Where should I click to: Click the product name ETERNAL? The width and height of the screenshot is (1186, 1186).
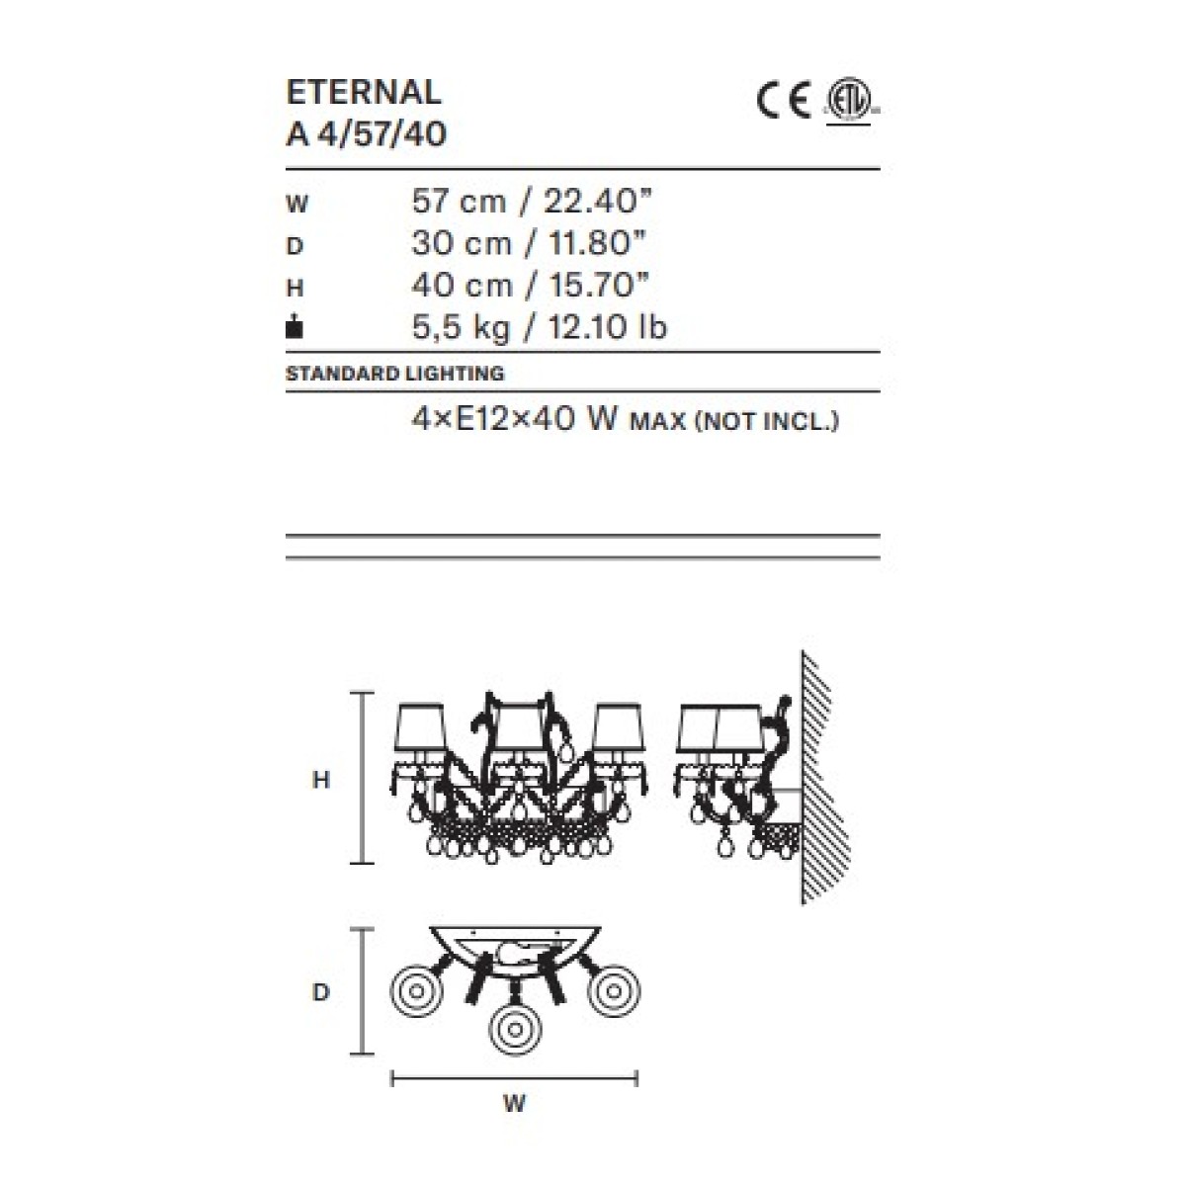click(x=364, y=92)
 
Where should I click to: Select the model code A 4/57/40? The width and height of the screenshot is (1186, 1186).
click(x=367, y=134)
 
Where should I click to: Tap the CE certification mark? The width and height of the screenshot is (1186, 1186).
click(x=783, y=101)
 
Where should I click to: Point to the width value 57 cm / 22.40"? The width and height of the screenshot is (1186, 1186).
click(x=532, y=201)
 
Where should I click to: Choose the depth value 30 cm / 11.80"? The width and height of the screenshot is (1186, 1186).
click(x=530, y=243)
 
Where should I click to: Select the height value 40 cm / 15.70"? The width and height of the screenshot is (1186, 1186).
click(x=531, y=285)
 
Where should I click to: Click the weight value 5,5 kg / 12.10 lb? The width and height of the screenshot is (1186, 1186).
click(x=540, y=327)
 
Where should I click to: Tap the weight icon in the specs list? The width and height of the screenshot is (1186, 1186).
click(x=295, y=326)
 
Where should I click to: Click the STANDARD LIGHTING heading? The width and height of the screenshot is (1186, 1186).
click(x=395, y=373)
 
